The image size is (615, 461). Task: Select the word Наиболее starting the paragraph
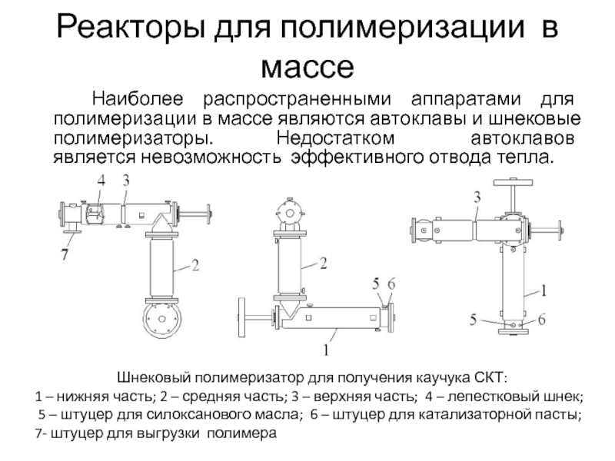(x=138, y=99)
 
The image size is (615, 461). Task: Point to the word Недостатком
(x=335, y=138)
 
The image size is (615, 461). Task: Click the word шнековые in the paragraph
(x=529, y=118)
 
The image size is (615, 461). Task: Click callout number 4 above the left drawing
(x=101, y=181)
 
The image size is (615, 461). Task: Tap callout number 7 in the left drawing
(x=65, y=254)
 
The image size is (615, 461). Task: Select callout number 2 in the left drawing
(x=195, y=265)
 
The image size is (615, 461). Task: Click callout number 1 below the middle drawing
(x=326, y=349)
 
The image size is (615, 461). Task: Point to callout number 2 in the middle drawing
(x=323, y=263)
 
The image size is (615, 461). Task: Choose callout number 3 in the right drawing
(x=477, y=197)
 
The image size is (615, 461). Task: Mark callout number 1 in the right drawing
(x=544, y=290)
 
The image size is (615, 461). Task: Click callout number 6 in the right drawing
(x=542, y=320)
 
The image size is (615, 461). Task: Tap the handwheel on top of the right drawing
(x=514, y=183)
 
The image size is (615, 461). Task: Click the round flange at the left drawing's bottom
(x=162, y=319)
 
